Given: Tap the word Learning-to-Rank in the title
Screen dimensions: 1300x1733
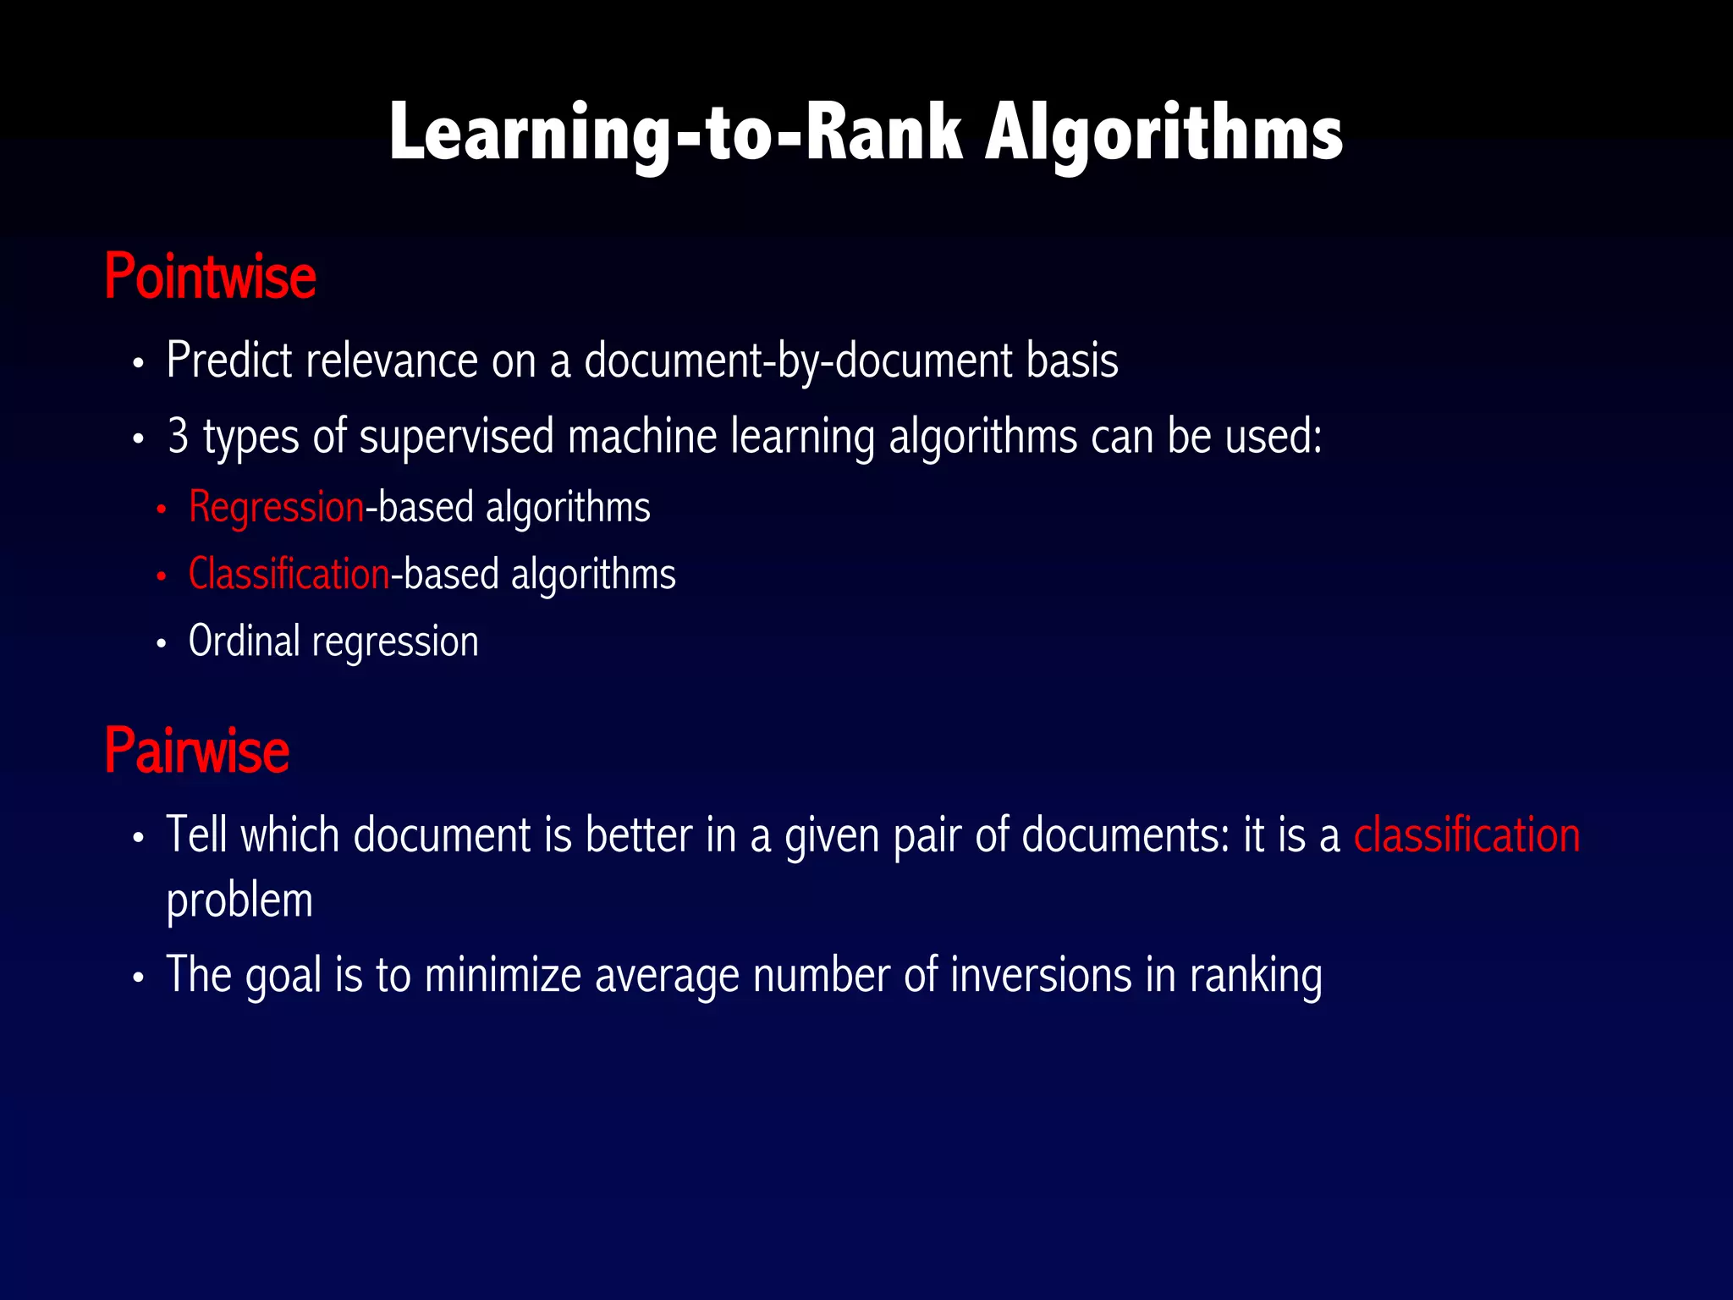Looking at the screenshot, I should (x=675, y=134).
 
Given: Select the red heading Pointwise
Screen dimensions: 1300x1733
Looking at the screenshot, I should (x=210, y=277).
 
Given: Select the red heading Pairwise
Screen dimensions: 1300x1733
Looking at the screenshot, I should (x=196, y=751).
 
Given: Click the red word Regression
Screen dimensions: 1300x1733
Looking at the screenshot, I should (x=276, y=507).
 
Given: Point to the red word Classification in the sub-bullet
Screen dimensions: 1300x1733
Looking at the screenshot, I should (x=289, y=574).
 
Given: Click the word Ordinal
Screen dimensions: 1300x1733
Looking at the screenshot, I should (x=244, y=641).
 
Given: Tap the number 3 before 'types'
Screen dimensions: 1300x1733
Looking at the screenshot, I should (x=178, y=436).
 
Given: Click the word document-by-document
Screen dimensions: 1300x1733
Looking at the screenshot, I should (x=798, y=361).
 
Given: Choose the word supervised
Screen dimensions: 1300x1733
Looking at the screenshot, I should (x=456, y=436).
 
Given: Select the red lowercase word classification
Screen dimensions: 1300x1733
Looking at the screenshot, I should (x=1466, y=835).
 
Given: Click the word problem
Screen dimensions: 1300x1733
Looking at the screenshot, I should (x=239, y=901).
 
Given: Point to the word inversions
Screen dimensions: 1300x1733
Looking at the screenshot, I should (x=1041, y=974).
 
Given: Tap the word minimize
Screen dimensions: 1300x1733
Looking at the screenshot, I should (x=503, y=974).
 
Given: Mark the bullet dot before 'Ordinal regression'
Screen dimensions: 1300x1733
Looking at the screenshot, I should (x=161, y=644).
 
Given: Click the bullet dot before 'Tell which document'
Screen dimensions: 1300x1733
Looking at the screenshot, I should (x=139, y=839).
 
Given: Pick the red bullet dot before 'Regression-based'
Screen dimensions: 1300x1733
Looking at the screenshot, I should (x=161, y=510).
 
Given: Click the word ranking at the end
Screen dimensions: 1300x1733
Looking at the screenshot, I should (x=1256, y=976).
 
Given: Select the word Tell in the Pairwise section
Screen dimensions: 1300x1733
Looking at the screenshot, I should (x=196, y=835).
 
